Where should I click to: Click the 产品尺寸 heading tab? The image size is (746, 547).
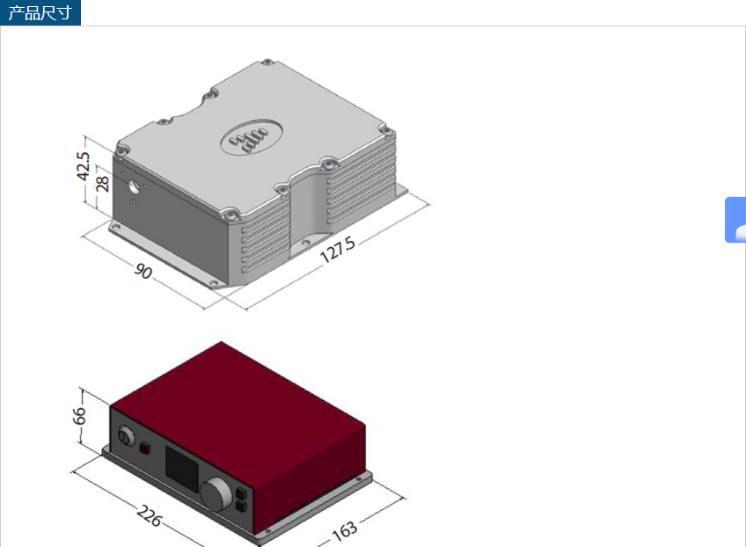point(40,12)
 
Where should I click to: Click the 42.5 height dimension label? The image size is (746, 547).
point(83,166)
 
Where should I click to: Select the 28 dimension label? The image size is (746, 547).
point(102,184)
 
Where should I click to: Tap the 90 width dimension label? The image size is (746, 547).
point(143,271)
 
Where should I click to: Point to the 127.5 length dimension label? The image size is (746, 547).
point(338,249)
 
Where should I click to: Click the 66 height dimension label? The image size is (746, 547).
point(79,415)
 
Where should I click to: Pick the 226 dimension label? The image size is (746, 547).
point(150,515)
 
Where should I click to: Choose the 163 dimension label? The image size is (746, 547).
point(345,531)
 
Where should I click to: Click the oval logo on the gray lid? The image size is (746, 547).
point(252,137)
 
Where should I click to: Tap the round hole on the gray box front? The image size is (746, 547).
point(134,187)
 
